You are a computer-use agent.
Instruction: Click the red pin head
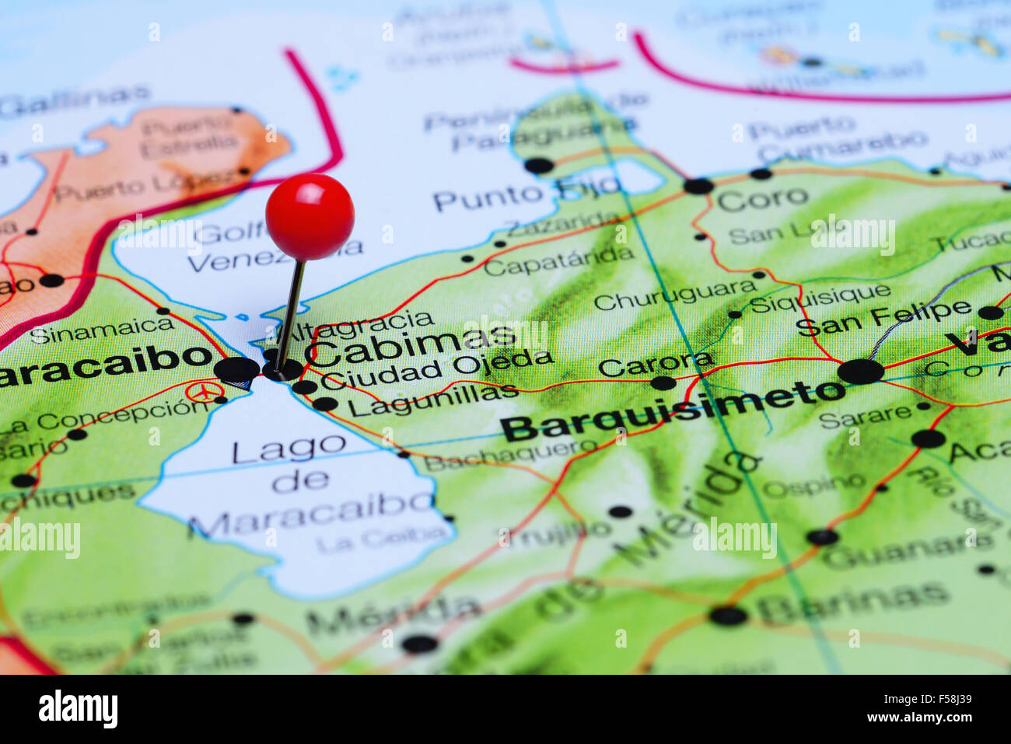tap(310, 216)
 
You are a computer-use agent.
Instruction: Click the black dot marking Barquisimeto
tap(861, 371)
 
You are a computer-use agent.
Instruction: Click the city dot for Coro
tap(698, 186)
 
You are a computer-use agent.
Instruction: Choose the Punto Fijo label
tap(526, 193)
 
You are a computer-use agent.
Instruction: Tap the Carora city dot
tap(663, 382)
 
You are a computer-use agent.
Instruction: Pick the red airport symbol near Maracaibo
tap(204, 391)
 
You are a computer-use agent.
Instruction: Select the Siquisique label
tap(820, 296)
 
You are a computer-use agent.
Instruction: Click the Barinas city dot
tap(728, 616)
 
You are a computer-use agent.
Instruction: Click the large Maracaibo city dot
tap(237, 370)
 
